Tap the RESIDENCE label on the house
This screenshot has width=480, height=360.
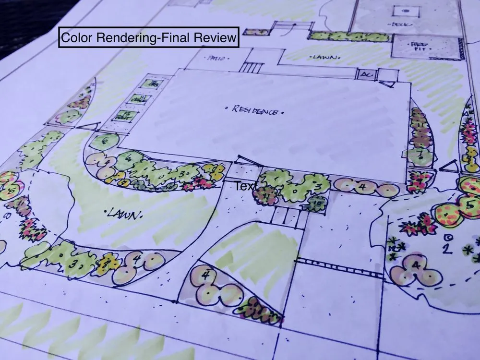[254, 110]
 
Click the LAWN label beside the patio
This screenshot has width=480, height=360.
[322, 58]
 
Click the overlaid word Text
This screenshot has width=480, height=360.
[246, 185]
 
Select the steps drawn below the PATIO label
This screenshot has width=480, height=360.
[249, 67]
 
